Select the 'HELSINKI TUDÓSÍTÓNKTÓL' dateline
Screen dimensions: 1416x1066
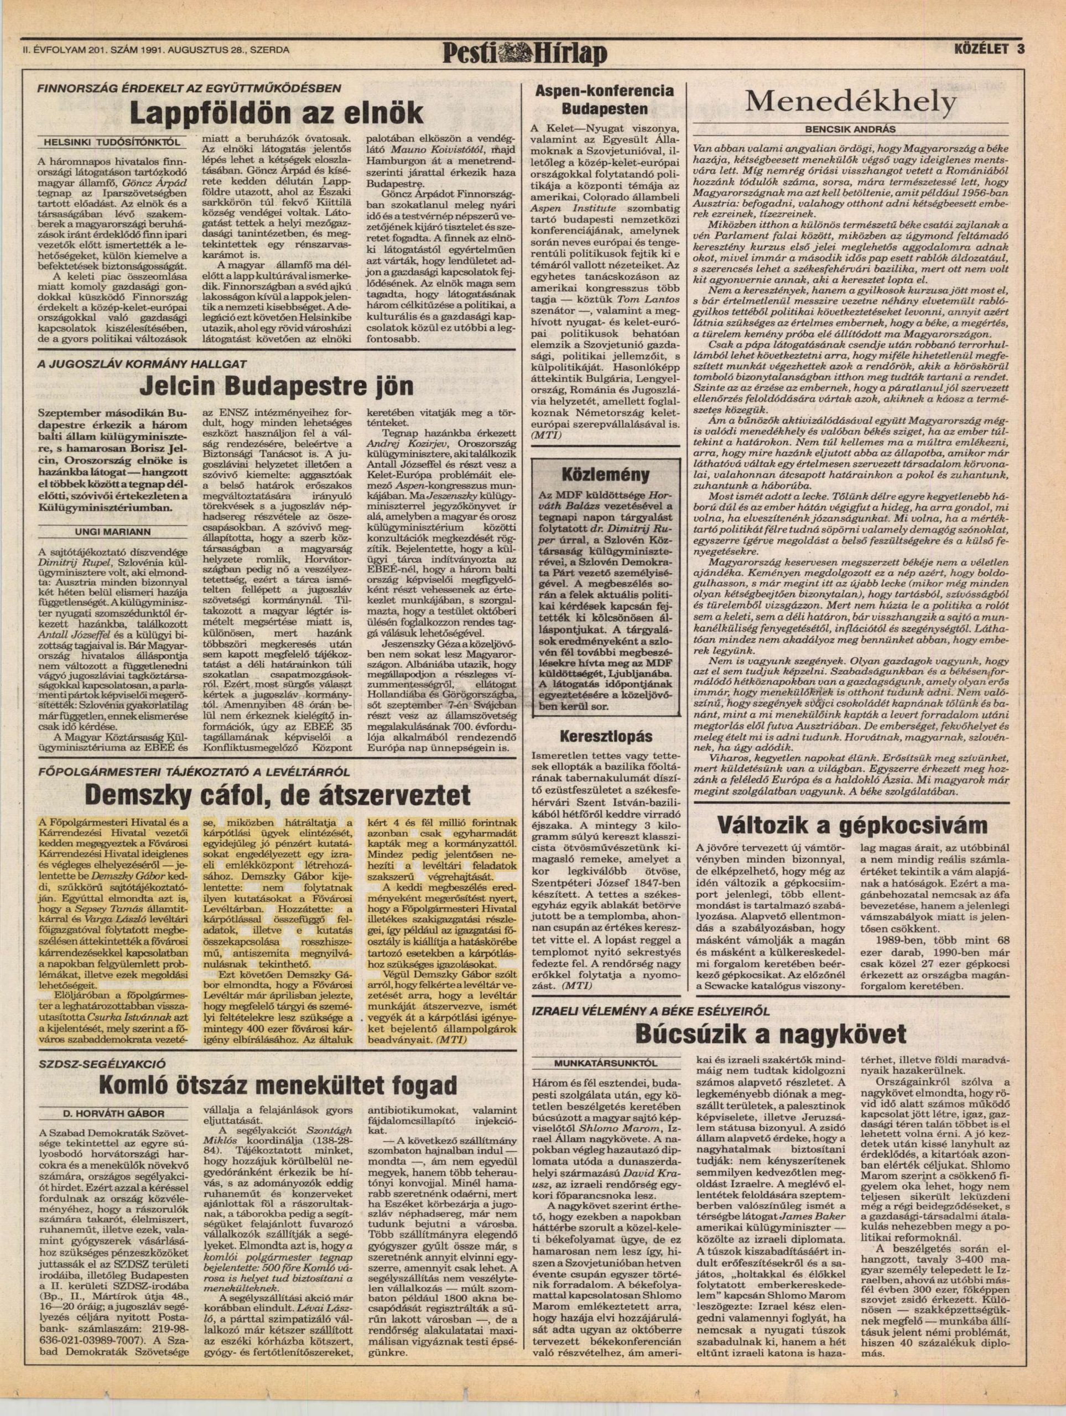pos(110,141)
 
